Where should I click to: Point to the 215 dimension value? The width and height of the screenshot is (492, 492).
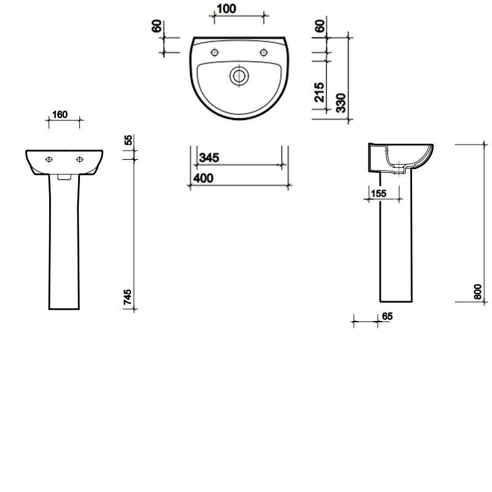coord(319,93)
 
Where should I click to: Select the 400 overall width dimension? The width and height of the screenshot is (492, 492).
coord(202,178)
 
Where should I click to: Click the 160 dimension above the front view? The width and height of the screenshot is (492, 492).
coord(60,114)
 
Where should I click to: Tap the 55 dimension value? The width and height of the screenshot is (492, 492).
coord(128,140)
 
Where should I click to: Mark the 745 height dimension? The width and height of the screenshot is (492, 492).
coord(128,296)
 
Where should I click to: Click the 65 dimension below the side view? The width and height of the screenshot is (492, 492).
coord(387,316)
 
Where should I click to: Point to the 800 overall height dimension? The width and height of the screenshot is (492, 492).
coord(477,290)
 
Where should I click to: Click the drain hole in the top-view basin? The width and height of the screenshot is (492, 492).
coord(238,76)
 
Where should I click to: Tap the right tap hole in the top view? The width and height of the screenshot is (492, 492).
coord(263,52)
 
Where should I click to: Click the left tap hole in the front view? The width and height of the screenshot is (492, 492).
coord(49,159)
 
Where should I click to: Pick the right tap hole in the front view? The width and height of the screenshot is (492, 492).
coord(79,159)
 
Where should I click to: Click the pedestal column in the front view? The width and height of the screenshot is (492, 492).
coord(64,246)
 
